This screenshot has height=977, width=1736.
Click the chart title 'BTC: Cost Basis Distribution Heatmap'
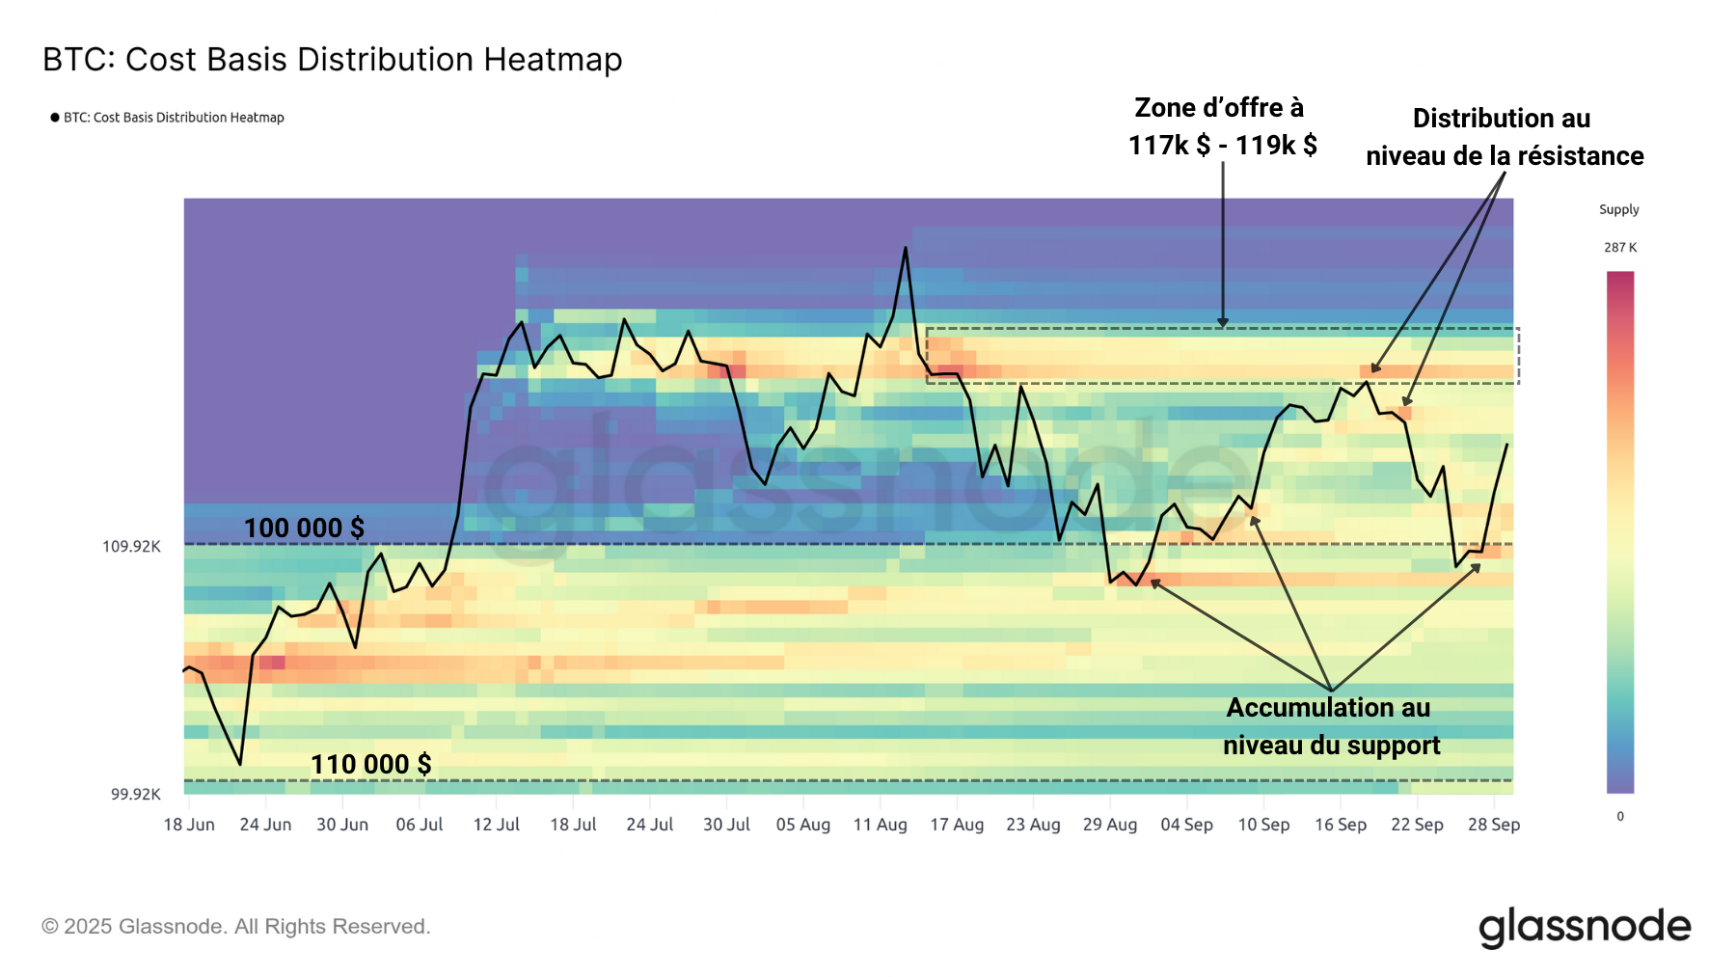click(x=332, y=60)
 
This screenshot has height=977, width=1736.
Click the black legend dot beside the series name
click(x=55, y=118)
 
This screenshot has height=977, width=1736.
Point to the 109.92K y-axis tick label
click(x=131, y=547)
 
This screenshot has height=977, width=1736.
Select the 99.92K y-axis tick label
click(x=135, y=795)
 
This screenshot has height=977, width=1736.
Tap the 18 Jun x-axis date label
click(x=189, y=825)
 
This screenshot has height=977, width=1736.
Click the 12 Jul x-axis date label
click(x=496, y=825)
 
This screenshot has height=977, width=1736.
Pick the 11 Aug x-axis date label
click(x=880, y=825)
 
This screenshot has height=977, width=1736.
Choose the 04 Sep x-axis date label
click(x=1186, y=825)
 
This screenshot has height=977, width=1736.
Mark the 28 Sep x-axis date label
click(x=1493, y=825)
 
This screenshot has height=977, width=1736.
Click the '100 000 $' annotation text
click(x=304, y=529)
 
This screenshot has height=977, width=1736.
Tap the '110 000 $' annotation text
click(x=370, y=765)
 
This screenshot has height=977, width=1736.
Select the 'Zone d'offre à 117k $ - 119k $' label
click(x=1222, y=126)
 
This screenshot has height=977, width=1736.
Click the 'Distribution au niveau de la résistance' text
click(x=1504, y=137)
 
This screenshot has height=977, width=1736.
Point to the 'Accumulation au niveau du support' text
click(x=1330, y=726)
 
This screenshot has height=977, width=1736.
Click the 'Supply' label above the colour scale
click(x=1618, y=210)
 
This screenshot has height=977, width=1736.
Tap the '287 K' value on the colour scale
click(x=1619, y=248)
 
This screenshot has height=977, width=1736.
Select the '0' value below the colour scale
click(x=1619, y=817)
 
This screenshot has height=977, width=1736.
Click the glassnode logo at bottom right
click(x=1585, y=927)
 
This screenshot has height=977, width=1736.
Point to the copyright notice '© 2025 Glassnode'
click(x=235, y=927)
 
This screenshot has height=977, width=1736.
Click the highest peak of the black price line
click(x=905, y=248)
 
